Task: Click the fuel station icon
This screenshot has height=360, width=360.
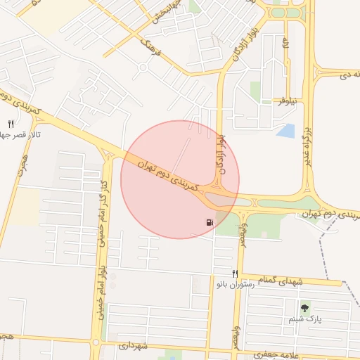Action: pyautogui.click(x=210, y=223)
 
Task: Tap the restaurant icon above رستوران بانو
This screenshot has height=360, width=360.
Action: pyautogui.click(x=236, y=274)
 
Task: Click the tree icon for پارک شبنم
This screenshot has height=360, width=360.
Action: pyautogui.click(x=304, y=308)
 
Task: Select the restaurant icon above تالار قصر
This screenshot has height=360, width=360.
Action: pyautogui.click(x=11, y=124)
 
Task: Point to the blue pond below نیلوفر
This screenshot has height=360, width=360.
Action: pyautogui.click(x=286, y=130)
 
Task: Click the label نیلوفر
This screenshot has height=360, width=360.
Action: pyautogui.click(x=285, y=101)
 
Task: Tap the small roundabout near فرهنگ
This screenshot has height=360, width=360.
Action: pyautogui.click(x=143, y=68)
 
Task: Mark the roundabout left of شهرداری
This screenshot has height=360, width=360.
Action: pyautogui.click(x=96, y=342)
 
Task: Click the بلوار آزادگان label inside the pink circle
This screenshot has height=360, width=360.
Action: pyautogui.click(x=221, y=155)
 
